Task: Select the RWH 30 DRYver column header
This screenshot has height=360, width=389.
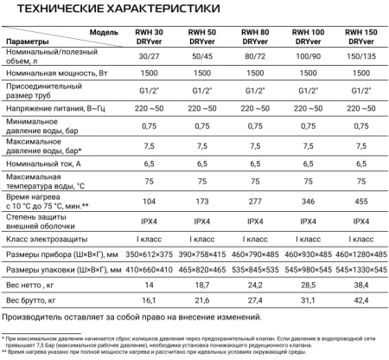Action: pyautogui.click(x=137, y=36)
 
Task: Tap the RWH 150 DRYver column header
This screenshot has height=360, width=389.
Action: pyautogui.click(x=360, y=36)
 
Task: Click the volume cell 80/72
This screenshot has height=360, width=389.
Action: pyautogui.click(x=249, y=57)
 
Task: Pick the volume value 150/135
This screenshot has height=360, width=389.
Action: pyautogui.click(x=360, y=57)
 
